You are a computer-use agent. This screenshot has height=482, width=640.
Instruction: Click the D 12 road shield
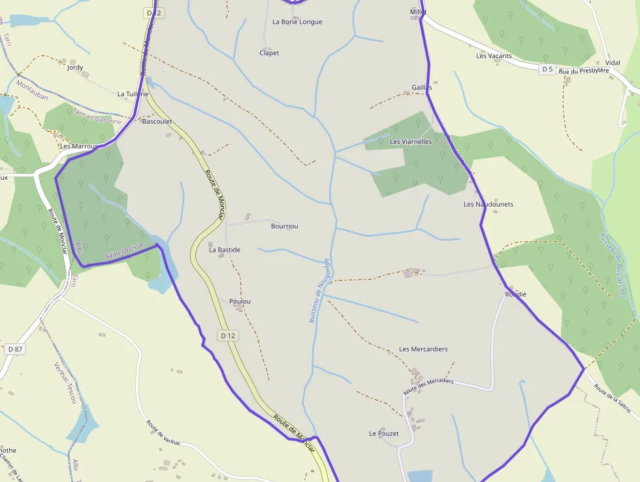point(227,336)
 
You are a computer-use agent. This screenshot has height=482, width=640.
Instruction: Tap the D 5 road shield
point(547,69)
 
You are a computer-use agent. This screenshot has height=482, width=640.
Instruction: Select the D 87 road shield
point(15,349)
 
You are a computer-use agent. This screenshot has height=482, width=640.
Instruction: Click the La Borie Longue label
point(297,22)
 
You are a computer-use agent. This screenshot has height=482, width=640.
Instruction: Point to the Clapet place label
point(269,53)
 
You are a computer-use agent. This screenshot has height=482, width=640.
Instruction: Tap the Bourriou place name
point(284,226)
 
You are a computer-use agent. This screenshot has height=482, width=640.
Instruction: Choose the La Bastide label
point(225,250)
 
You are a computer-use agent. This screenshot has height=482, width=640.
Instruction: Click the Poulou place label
point(240,301)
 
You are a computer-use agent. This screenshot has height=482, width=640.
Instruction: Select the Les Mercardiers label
point(423,349)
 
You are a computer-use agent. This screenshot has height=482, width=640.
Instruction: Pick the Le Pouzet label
point(384,434)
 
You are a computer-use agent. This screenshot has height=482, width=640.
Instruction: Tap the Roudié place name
point(515,294)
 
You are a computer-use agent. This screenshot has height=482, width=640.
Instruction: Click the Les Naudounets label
point(488,204)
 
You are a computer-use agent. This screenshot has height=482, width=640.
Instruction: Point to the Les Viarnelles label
point(410,141)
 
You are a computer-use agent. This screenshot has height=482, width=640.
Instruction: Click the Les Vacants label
point(494,56)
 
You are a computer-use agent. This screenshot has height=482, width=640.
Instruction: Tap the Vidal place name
point(613,63)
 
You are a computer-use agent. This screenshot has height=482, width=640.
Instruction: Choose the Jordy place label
point(75,67)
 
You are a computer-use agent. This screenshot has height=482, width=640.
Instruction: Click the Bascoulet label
point(157,122)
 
